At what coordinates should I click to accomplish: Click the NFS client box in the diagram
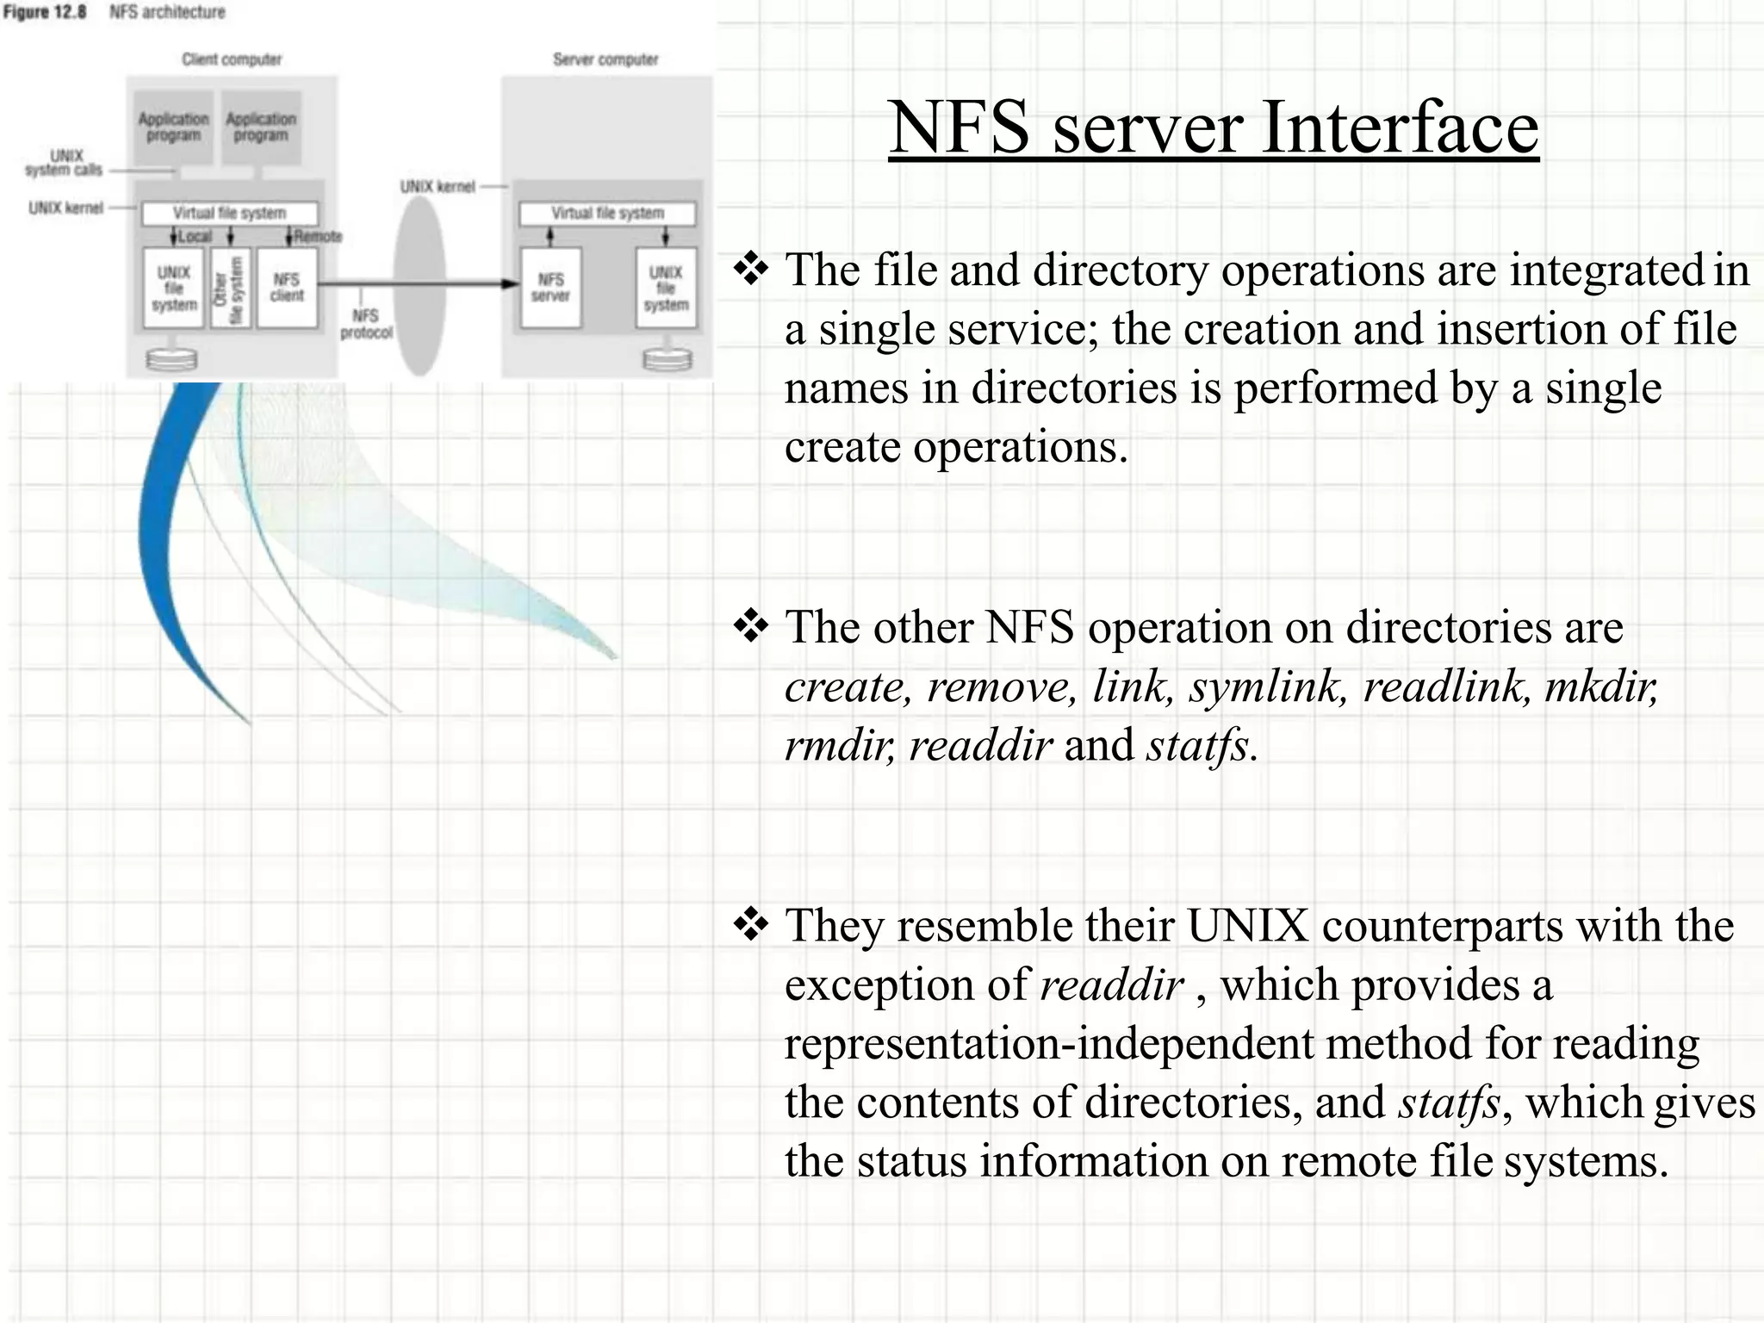tap(287, 288)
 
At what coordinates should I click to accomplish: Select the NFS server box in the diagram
tap(550, 288)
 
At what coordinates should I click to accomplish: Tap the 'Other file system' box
tap(230, 288)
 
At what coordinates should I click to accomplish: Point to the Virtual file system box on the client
tap(229, 213)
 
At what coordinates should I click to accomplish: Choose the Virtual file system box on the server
tap(607, 213)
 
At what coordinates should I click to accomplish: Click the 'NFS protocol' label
tap(366, 324)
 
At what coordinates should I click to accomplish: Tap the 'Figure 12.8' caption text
tap(45, 12)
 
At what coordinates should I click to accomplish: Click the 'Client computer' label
tap(232, 59)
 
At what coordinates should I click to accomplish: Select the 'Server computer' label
tap(606, 59)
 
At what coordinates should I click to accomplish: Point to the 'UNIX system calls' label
tap(65, 163)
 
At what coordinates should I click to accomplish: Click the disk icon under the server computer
tap(668, 359)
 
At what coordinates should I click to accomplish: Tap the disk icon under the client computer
tap(171, 359)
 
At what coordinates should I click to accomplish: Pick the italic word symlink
tap(1267, 686)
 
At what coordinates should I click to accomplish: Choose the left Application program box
tap(174, 127)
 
